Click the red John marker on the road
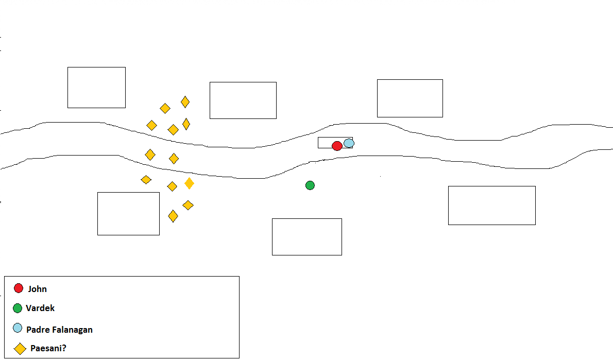(x=337, y=146)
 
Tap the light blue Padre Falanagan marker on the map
(x=349, y=143)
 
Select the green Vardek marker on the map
(x=310, y=185)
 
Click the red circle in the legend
(x=19, y=288)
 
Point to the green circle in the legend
(x=18, y=308)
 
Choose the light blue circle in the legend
(x=18, y=328)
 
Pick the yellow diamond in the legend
(x=20, y=349)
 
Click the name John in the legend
(x=38, y=289)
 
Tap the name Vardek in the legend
(x=40, y=308)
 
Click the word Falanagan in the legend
(x=73, y=330)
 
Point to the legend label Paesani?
(x=48, y=348)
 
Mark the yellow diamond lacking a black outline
(x=189, y=183)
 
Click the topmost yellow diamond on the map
(x=185, y=102)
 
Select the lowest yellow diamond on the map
(x=173, y=216)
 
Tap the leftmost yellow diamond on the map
(x=146, y=180)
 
